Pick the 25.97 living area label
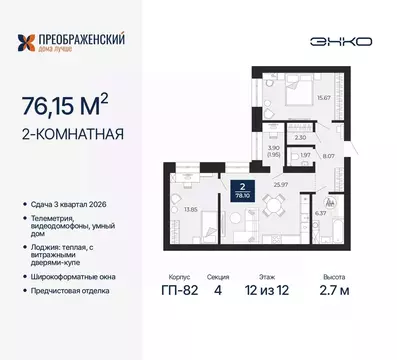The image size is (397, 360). coord(267,184)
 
